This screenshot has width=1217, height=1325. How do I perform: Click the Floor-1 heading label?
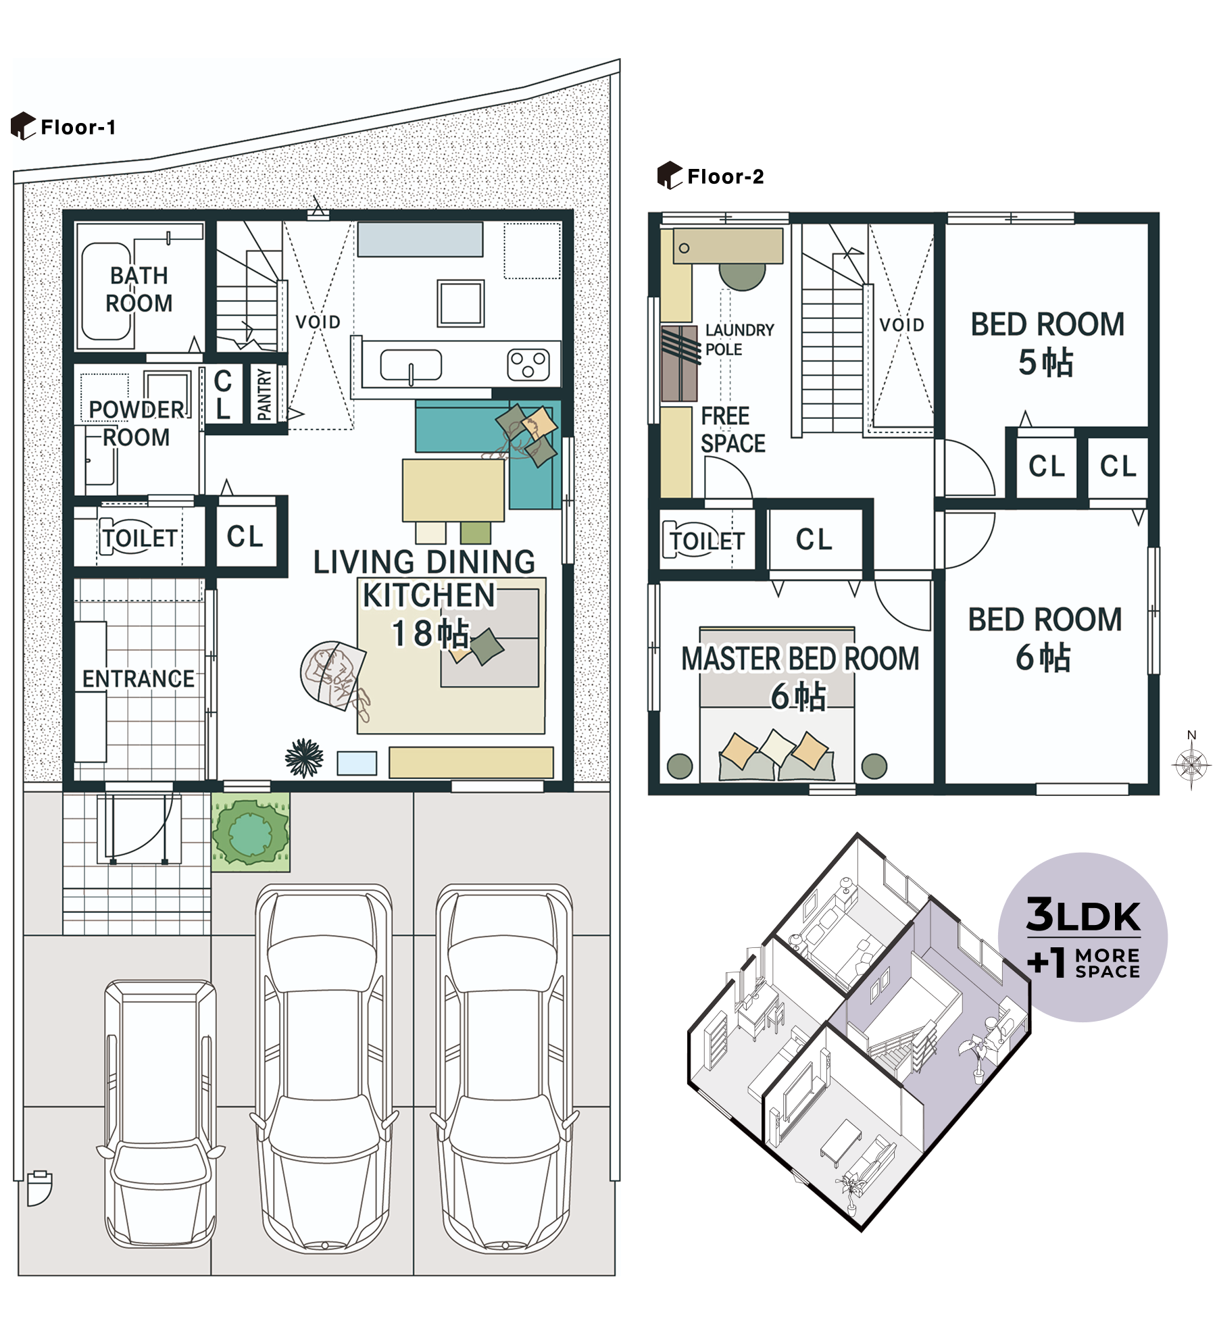78,127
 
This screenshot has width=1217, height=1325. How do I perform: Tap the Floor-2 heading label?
724,176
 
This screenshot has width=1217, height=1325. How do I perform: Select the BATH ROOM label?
139,289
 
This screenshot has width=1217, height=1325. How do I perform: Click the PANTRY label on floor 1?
264,394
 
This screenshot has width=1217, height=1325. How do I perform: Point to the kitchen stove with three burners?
528,365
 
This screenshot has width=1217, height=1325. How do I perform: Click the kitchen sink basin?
411,365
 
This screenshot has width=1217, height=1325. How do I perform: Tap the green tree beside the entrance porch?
250,832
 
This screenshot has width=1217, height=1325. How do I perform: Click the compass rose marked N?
1191,764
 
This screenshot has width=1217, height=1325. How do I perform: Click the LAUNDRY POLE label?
739,339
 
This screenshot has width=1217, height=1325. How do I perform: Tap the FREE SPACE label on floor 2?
732,430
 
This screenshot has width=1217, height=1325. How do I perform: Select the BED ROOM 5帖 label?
1047,343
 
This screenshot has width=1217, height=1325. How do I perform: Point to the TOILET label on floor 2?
707,541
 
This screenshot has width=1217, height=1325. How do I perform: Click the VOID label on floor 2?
901,325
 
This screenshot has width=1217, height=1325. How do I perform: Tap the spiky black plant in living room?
304,757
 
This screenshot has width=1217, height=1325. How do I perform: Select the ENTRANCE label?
138,678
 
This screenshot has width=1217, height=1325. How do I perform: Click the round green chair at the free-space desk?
742,275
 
